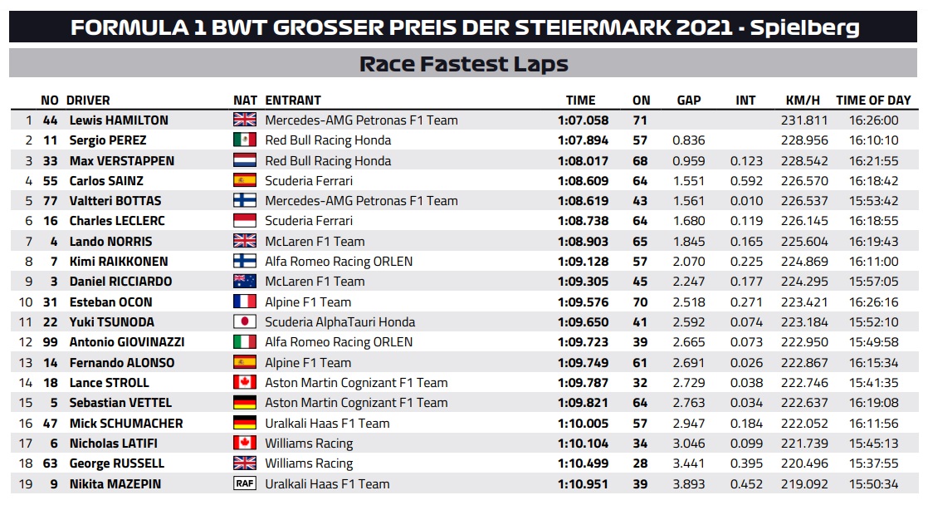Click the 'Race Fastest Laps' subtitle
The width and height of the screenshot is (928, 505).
click(x=463, y=64)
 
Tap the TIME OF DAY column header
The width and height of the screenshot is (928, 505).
click(x=873, y=101)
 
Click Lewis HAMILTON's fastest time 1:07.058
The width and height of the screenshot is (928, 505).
click(x=583, y=120)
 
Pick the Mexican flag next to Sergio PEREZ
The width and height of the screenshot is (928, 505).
click(x=245, y=140)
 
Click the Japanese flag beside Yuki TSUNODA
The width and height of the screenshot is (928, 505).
click(x=245, y=322)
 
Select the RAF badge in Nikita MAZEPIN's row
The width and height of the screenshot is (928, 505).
click(x=245, y=483)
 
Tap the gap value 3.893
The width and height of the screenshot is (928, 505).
click(x=690, y=483)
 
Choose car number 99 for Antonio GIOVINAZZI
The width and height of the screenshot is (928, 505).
click(x=51, y=342)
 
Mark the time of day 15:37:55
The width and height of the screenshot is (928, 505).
click(x=873, y=463)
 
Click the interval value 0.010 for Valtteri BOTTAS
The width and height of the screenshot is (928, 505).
click(x=747, y=201)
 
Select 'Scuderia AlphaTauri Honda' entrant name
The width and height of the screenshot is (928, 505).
click(x=339, y=322)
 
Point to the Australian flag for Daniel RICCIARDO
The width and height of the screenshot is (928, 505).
click(x=245, y=282)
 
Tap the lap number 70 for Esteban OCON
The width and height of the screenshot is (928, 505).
click(x=641, y=302)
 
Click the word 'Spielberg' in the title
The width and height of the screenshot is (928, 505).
click(x=805, y=27)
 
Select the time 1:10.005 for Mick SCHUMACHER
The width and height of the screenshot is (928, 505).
click(x=583, y=423)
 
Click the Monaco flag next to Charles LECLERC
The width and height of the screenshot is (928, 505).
click(x=245, y=221)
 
